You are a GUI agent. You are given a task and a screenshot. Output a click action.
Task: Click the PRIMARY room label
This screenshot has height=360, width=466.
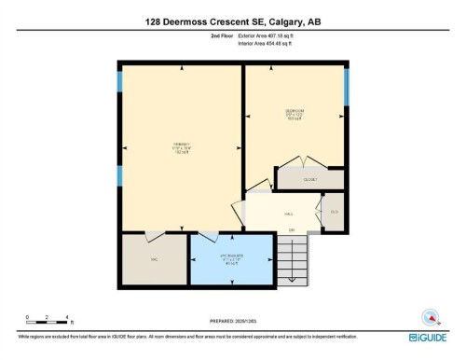[181, 146]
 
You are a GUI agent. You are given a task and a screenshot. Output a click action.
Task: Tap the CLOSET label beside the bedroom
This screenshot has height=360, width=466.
[310, 178]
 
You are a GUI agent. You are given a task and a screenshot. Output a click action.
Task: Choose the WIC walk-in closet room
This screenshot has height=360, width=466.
[154, 259]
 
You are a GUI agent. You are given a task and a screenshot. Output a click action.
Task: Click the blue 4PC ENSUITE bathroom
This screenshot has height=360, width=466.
[232, 260]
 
